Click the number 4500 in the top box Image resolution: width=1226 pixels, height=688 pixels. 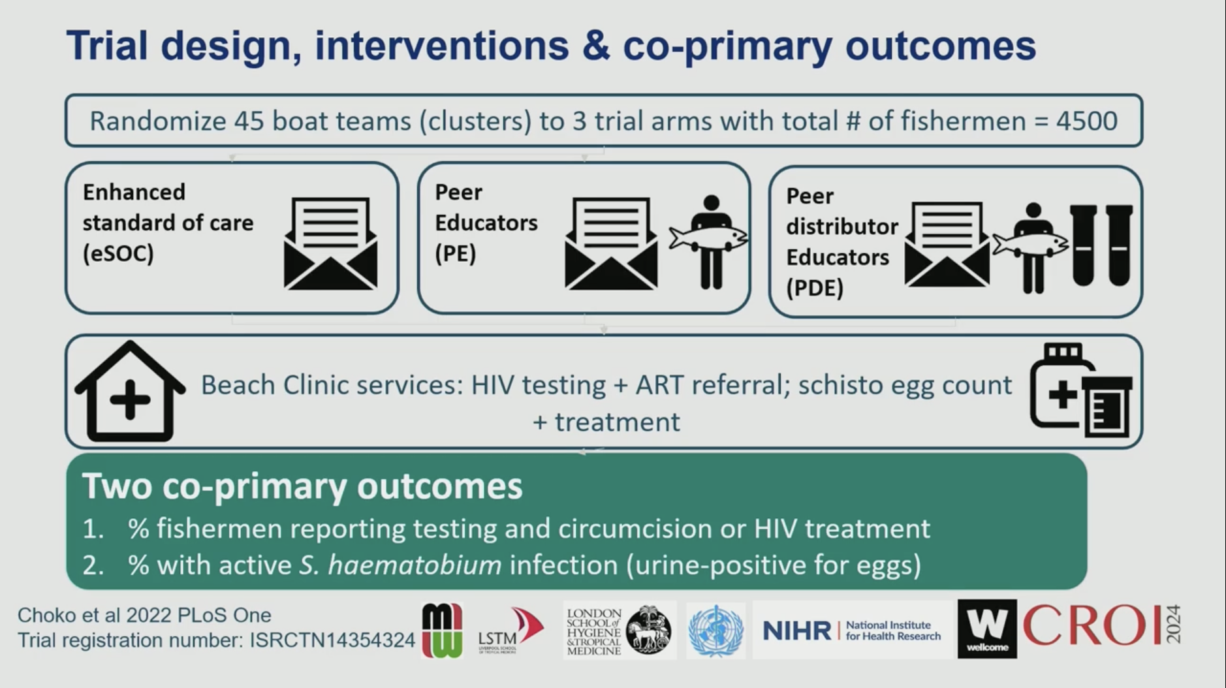[x=1087, y=121]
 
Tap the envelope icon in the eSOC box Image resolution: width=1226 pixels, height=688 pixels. [x=330, y=243]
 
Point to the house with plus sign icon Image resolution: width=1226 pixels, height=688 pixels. [x=130, y=391]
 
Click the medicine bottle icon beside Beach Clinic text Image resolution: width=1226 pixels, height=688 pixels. [x=1081, y=390]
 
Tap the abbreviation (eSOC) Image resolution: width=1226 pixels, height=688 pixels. [x=118, y=253]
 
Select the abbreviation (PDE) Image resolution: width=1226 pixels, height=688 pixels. [x=815, y=288]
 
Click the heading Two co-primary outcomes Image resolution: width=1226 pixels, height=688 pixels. [x=302, y=486]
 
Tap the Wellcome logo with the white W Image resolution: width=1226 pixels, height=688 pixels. [x=987, y=629]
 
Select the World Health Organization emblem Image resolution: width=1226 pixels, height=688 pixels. [x=716, y=631]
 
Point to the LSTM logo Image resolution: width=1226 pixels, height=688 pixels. [x=511, y=631]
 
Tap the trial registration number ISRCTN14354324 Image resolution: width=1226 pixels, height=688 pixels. [x=332, y=640]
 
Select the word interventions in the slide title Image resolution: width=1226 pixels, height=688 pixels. [x=442, y=46]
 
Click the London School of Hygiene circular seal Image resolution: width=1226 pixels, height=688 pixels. [x=648, y=631]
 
